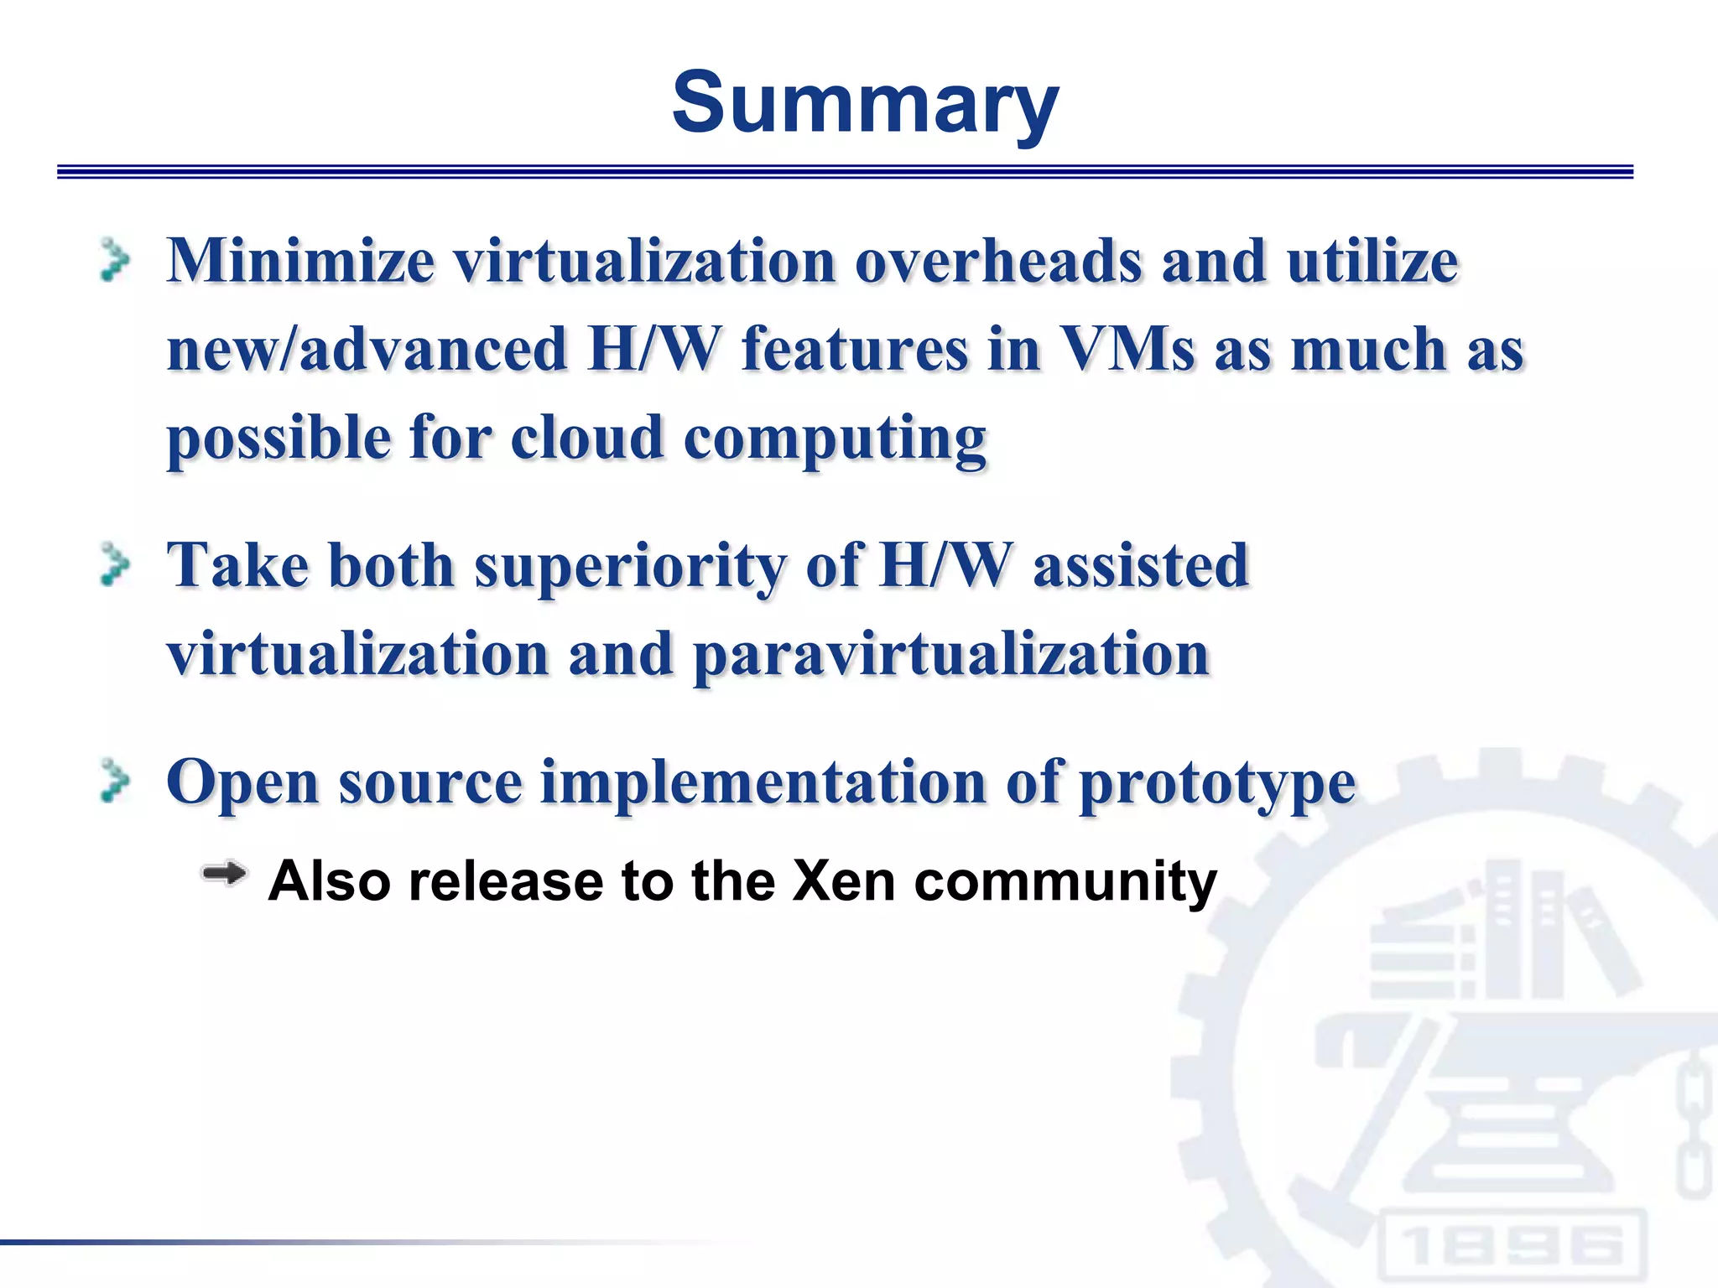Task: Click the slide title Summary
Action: coord(865,102)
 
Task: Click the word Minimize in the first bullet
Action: coord(300,261)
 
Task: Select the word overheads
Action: coord(997,261)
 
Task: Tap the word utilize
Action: coord(1372,261)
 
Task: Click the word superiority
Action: coord(630,567)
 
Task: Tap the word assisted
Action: coord(1141,565)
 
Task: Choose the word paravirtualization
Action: coord(951,655)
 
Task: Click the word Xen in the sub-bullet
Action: coord(843,881)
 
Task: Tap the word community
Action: coord(1065,881)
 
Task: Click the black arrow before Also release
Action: coord(223,875)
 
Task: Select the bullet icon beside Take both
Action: coord(115,564)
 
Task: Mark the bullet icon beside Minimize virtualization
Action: coord(115,260)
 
